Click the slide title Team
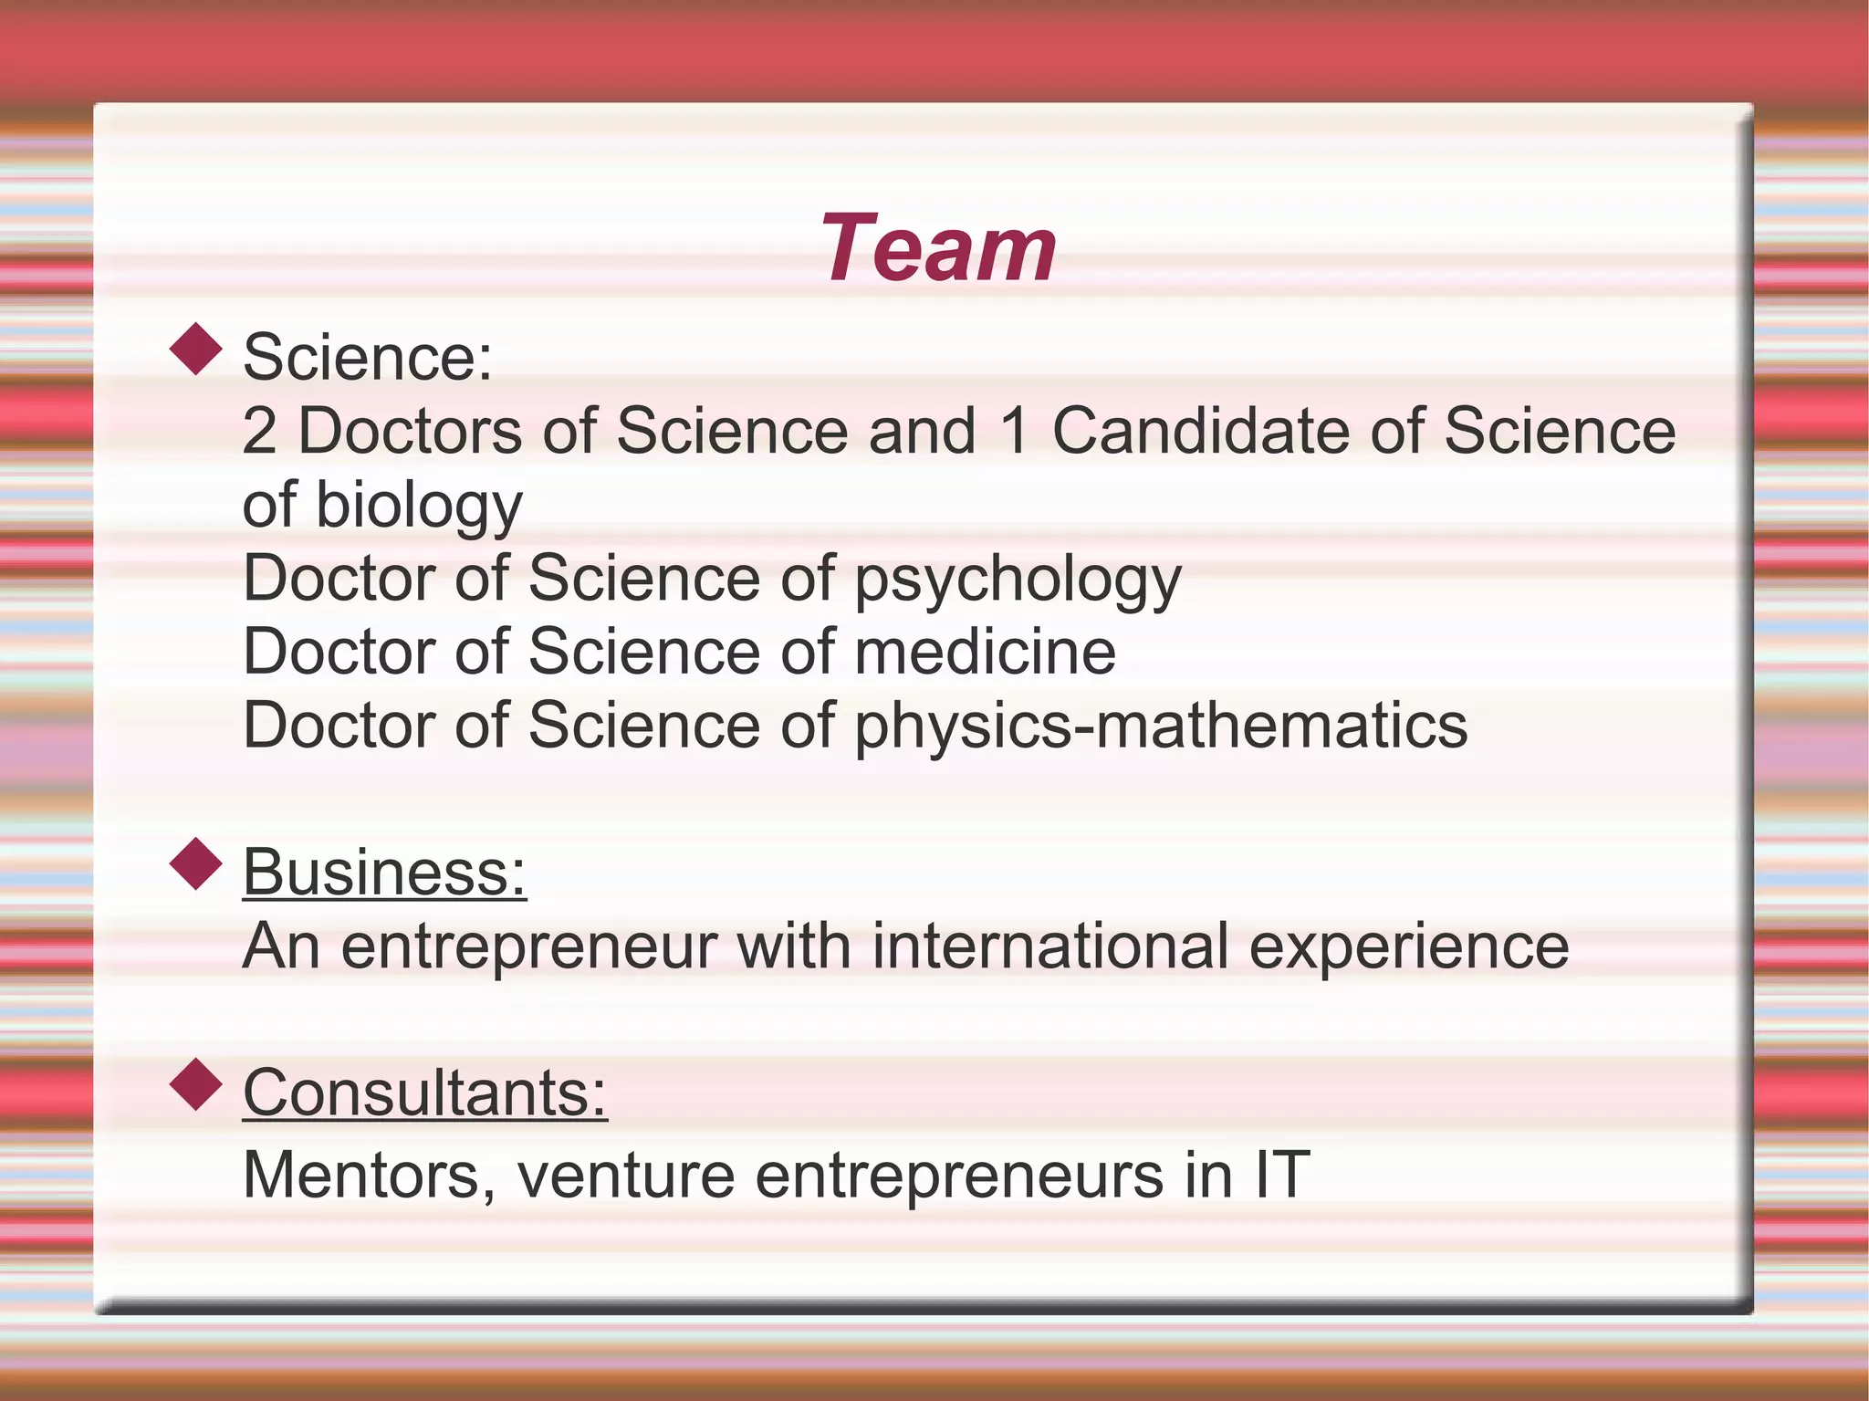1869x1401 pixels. coord(938,248)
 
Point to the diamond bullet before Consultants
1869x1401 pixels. coord(196,1084)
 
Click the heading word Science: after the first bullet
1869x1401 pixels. coord(368,357)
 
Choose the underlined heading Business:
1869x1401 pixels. coord(384,873)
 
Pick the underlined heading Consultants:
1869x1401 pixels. coord(424,1093)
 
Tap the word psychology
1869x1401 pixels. coord(1018,580)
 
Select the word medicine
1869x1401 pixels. coord(985,652)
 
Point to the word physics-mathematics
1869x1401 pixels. coord(1160,727)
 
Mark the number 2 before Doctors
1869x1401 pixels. coord(259,431)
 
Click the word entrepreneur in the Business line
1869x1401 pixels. coord(528,947)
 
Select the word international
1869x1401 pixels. coord(1050,946)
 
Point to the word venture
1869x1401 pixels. coord(626,1176)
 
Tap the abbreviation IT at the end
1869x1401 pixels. coord(1282,1174)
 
